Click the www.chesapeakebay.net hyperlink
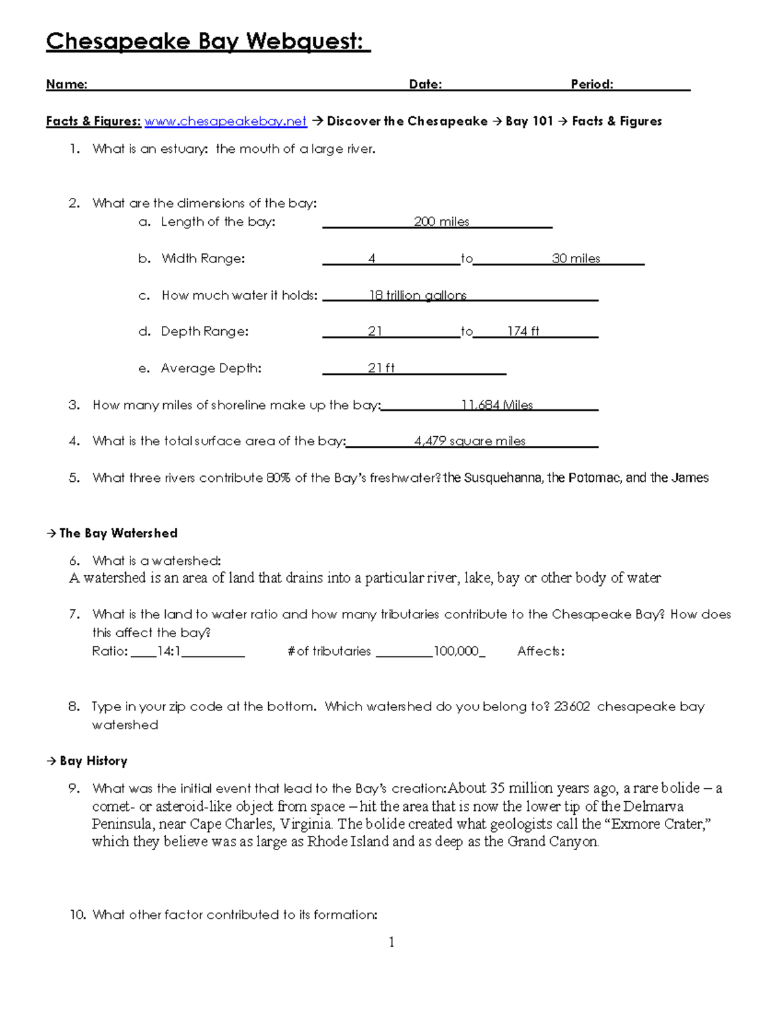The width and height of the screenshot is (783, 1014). [225, 121]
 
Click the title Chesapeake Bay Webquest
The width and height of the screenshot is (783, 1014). [207, 42]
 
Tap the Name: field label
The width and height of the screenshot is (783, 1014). [67, 84]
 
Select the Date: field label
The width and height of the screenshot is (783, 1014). [425, 84]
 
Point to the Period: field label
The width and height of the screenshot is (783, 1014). [592, 84]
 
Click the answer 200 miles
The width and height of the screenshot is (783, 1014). [442, 222]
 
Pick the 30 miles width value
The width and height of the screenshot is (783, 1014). [576, 259]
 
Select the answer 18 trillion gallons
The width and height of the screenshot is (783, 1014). [418, 295]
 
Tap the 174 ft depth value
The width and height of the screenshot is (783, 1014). [523, 332]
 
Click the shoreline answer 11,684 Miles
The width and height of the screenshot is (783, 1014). [497, 405]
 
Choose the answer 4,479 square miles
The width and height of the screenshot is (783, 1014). [470, 441]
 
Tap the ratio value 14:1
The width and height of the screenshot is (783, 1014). [169, 651]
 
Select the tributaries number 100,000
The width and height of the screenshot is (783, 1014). [456, 651]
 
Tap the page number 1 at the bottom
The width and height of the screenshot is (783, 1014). [391, 942]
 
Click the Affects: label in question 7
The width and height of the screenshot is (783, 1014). [541, 651]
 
